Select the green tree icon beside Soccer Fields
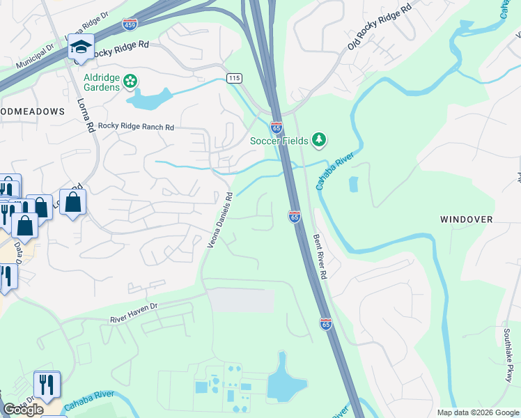(319, 141)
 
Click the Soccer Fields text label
(279, 141)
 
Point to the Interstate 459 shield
(130, 25)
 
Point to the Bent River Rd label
(320, 255)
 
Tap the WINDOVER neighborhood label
(466, 219)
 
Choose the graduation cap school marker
(81, 47)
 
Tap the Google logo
(23, 409)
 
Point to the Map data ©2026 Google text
(477, 412)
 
